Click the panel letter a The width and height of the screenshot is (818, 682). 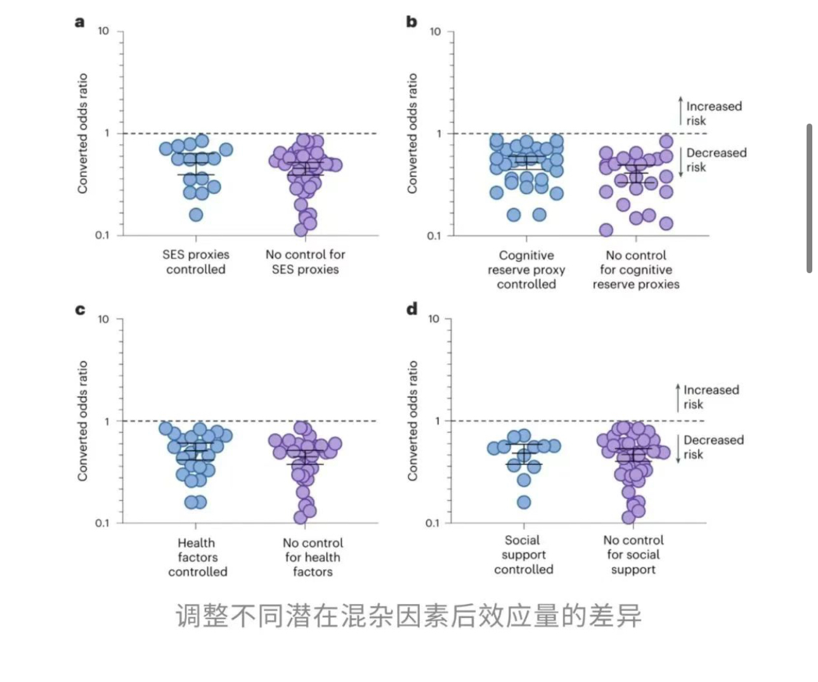click(x=80, y=22)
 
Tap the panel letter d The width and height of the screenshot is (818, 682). click(x=412, y=309)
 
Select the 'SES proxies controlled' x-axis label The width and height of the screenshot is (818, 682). click(x=196, y=262)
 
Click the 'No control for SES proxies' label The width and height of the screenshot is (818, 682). click(x=305, y=262)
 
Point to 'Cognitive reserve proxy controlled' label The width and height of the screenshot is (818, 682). click(x=526, y=269)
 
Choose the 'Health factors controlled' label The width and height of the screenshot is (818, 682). click(x=197, y=557)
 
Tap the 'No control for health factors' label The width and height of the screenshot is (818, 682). click(x=313, y=557)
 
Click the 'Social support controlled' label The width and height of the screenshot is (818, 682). click(x=523, y=555)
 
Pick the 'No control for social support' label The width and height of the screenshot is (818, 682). click(x=633, y=555)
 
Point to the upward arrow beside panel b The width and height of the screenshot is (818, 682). click(x=680, y=110)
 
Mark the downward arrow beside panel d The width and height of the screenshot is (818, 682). click(x=678, y=449)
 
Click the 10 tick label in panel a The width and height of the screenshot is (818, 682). click(x=103, y=31)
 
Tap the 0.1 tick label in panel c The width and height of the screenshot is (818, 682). click(x=102, y=523)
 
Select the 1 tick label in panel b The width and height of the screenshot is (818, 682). click(x=438, y=134)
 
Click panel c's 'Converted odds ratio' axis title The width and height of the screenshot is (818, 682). click(x=83, y=421)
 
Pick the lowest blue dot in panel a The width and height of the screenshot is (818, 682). click(x=196, y=215)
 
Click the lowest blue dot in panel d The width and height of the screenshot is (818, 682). click(x=524, y=503)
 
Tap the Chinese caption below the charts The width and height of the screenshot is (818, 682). click(x=408, y=615)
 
